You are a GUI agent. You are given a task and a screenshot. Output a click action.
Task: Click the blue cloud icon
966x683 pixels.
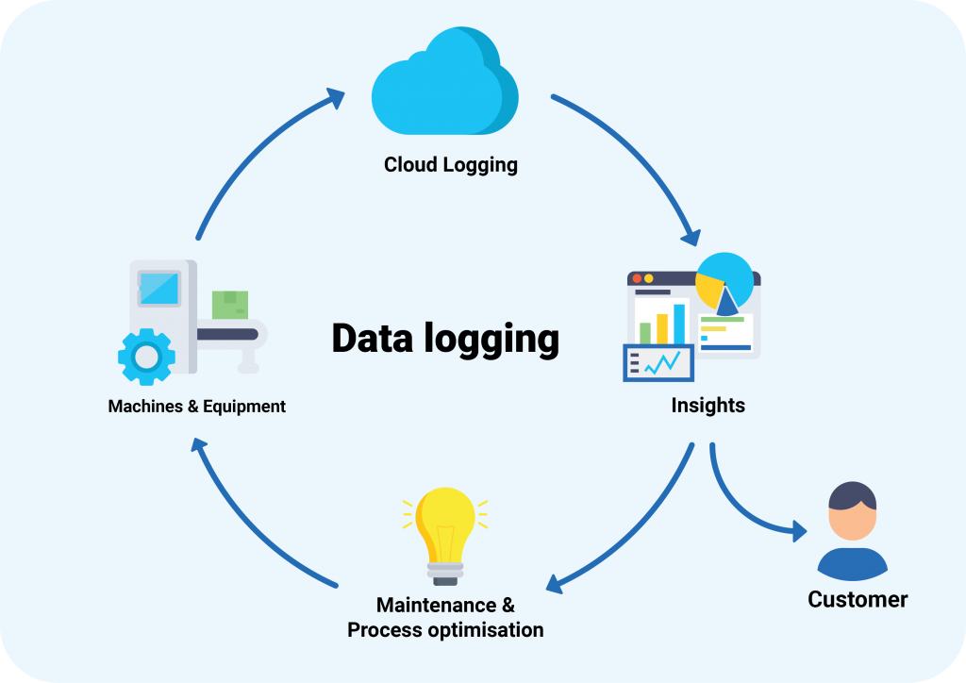(443, 85)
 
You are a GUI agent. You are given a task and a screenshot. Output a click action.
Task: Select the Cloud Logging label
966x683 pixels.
(450, 165)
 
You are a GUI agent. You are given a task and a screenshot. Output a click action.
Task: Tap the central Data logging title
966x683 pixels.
(444, 339)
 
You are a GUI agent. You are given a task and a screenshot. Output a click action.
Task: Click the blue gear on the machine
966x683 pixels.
(146, 356)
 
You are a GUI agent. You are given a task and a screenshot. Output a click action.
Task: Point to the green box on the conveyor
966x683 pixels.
(229, 305)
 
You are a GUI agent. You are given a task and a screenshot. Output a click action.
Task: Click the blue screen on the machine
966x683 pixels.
(158, 287)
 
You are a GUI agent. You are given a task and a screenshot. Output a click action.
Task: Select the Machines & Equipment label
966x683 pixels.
(196, 407)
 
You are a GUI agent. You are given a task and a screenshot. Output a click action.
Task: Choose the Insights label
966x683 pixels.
(708, 406)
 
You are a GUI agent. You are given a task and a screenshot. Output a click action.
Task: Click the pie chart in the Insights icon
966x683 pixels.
(724, 281)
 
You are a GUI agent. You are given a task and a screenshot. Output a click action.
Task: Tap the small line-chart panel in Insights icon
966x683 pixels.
(658, 362)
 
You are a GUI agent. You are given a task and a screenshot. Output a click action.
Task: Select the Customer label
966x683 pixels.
(858, 599)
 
